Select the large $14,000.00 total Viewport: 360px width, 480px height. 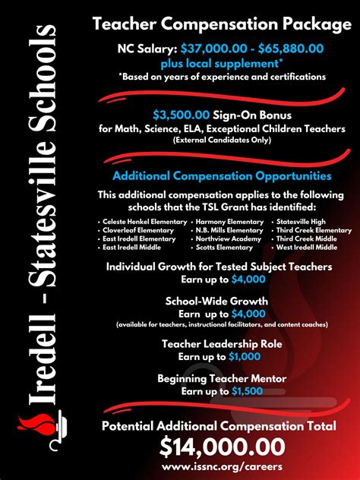(x=223, y=446)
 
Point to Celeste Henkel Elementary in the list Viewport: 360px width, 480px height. (x=144, y=221)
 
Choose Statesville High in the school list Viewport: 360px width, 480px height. (x=299, y=221)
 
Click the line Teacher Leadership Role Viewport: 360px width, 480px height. (x=222, y=344)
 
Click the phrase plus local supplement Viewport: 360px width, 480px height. (x=219, y=62)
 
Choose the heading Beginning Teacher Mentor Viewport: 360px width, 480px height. (x=222, y=377)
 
